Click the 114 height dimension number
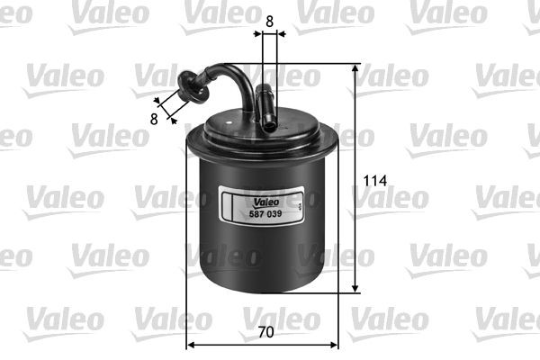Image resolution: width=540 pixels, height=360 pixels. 375,181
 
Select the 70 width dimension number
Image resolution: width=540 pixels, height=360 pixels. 264,331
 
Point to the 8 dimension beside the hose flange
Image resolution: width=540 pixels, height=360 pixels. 154,117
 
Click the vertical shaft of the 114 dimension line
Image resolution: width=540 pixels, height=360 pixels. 356,180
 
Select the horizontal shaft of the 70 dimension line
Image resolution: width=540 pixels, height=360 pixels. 261,344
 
